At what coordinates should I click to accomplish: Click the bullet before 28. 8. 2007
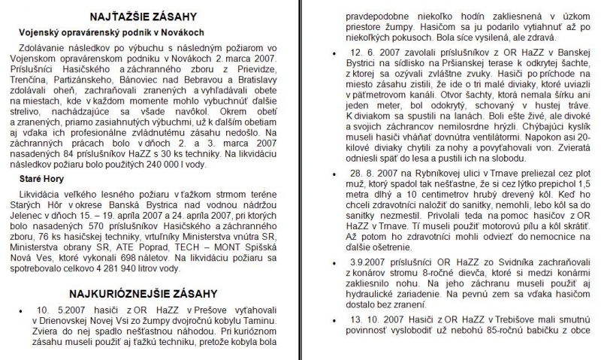click(334, 194)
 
